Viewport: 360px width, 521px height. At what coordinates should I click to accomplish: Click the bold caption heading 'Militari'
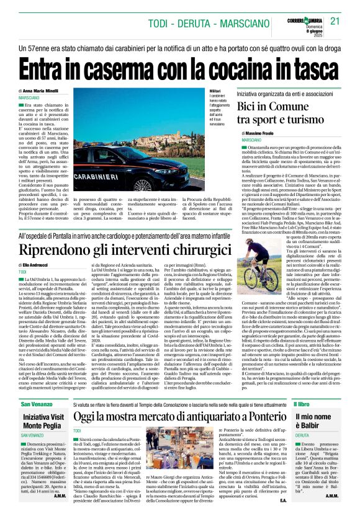click(x=197, y=91)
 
